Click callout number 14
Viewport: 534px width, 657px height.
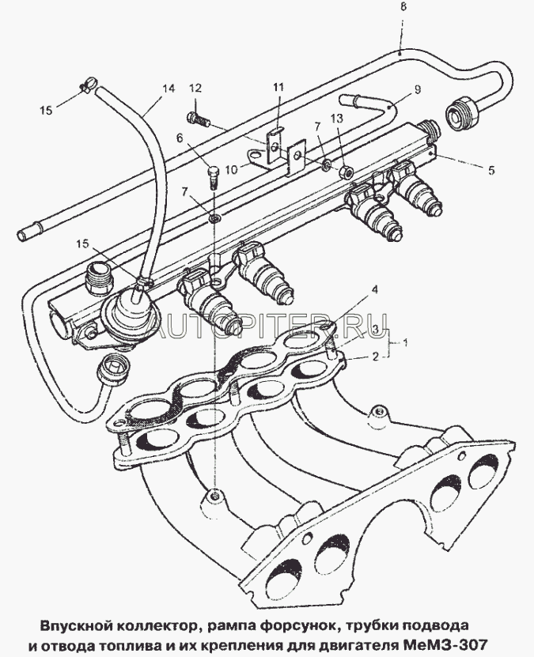[x=169, y=89]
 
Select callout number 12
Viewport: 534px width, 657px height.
[x=195, y=88]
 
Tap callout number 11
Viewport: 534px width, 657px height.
[x=278, y=87]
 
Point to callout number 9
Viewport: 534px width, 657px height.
[x=417, y=89]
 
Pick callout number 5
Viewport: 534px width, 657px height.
[x=491, y=170]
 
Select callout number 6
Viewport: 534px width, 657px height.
[x=180, y=138]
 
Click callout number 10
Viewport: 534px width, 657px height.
[x=231, y=169]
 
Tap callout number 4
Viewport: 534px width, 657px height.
[x=375, y=289]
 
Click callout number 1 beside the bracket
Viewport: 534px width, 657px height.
[x=405, y=342]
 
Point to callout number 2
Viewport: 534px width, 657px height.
[x=376, y=357]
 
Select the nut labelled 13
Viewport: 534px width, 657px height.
[x=346, y=171]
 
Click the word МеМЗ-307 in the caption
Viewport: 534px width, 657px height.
[x=445, y=644]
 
